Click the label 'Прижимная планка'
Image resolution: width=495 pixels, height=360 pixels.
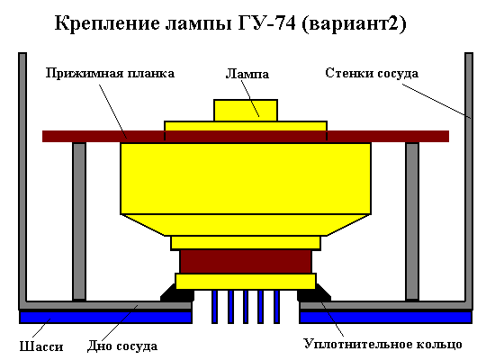coord(110,73)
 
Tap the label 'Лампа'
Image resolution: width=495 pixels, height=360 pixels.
coord(247,74)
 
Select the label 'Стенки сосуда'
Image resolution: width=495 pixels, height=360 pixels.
coord(372,73)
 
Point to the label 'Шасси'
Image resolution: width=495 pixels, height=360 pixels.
coord(41,346)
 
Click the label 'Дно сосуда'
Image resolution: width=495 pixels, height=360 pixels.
coord(122,346)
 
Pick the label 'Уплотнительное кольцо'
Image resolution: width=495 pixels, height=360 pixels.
coord(382,344)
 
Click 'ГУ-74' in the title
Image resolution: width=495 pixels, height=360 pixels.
coord(267,23)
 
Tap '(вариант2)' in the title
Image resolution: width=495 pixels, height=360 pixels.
coord(354,23)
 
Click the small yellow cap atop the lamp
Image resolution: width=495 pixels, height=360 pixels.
coord(246,110)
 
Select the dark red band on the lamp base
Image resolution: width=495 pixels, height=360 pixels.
coord(246,262)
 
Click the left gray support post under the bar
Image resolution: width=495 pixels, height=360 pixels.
coord(79,221)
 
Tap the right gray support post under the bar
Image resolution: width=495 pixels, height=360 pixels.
coord(412,221)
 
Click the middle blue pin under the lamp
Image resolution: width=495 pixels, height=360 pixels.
coord(246,307)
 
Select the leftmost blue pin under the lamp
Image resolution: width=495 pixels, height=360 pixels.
coord(215,307)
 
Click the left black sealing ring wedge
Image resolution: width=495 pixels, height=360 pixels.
coord(176,293)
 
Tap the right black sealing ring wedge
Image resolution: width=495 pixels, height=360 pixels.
coord(314,293)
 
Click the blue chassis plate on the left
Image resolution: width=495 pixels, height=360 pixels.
coord(106,317)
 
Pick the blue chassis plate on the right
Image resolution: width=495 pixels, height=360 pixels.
coord(386,317)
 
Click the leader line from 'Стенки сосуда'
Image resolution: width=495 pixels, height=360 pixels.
coord(436,101)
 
